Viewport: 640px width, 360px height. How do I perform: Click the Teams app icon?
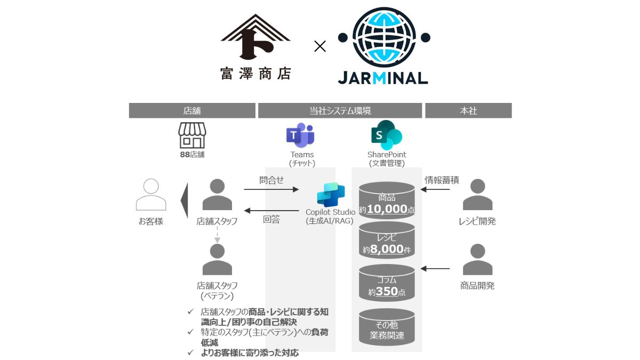[x=300, y=136]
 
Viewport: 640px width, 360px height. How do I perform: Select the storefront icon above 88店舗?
[x=192, y=135]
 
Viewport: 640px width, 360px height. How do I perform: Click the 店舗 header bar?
[x=192, y=110]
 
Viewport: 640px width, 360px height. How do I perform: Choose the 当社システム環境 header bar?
[x=340, y=110]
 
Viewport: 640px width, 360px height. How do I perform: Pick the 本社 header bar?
[x=468, y=110]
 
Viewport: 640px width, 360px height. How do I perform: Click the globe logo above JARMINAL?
[x=384, y=37]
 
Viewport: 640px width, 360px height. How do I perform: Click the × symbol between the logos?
[x=319, y=46]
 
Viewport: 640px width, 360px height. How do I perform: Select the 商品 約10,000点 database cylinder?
[x=387, y=201]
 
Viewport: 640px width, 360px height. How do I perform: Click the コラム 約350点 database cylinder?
[x=387, y=283]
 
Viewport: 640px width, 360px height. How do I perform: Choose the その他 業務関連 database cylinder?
[x=387, y=327]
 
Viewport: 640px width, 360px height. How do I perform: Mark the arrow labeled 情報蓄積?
[x=436, y=189]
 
